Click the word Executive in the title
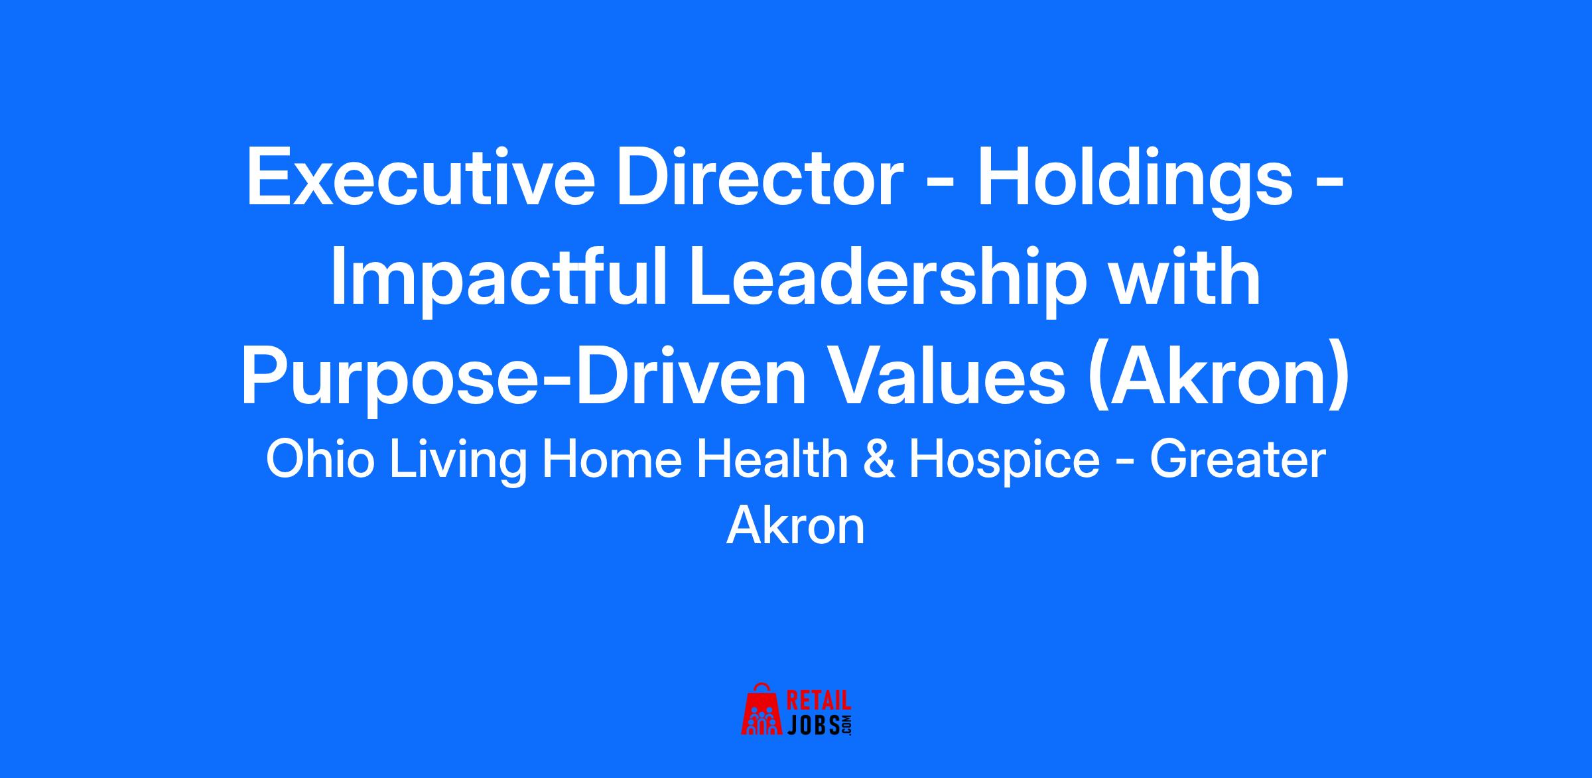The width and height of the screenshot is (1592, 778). click(421, 180)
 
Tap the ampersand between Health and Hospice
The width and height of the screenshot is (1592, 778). click(879, 460)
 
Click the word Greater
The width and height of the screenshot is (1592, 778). click(1237, 460)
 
